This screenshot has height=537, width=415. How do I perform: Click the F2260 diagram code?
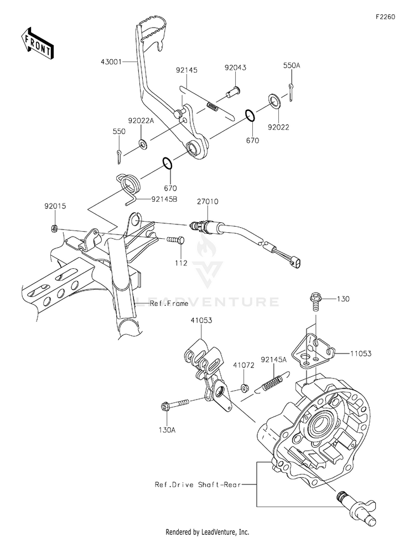(x=385, y=17)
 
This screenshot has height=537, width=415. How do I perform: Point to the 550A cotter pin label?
(x=292, y=65)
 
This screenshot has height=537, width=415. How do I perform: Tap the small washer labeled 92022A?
(x=142, y=145)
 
